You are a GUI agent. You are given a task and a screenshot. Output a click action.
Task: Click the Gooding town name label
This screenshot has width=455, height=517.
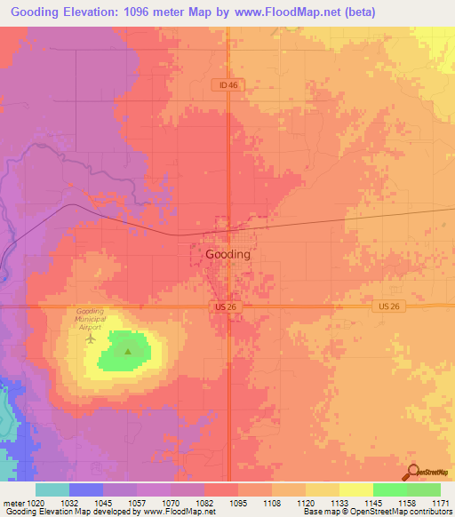[x=227, y=254]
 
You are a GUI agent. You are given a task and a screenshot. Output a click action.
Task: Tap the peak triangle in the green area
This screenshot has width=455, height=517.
[x=128, y=351]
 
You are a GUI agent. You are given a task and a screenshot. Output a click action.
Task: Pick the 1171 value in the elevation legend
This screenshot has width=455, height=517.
[x=442, y=503]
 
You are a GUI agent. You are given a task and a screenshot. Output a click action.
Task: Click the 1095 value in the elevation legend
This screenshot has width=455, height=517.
[x=239, y=503]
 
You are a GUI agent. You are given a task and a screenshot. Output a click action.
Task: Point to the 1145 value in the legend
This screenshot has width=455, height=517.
[x=373, y=503]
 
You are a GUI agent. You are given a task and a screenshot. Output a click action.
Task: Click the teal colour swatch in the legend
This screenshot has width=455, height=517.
[x=52, y=489]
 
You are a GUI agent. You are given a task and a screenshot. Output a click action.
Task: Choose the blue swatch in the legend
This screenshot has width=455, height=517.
[x=86, y=489]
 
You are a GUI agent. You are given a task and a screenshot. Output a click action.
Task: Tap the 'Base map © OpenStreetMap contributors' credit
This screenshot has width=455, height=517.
[x=377, y=512]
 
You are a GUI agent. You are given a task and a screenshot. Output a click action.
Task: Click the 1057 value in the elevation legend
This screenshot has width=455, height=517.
[x=139, y=503]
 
